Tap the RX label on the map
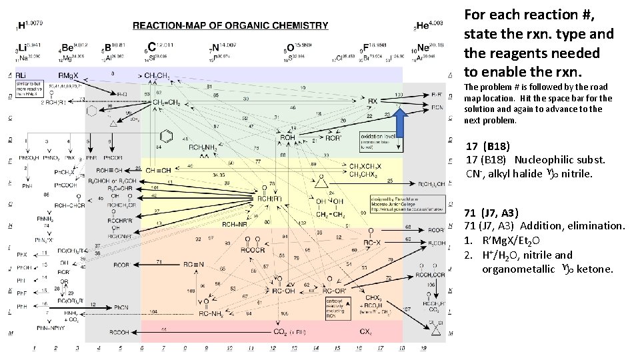click(x=373, y=101)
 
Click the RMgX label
click(x=69, y=75)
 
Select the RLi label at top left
click(x=21, y=75)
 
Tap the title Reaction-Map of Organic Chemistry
click(x=230, y=26)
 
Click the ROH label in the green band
click(x=287, y=137)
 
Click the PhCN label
click(x=121, y=307)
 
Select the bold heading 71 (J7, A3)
click(x=491, y=213)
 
